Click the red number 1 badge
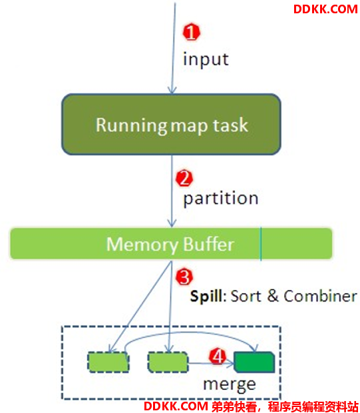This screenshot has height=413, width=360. coord(192,32)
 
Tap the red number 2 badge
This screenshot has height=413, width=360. coord(184,178)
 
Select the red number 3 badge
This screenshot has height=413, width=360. coord(184,277)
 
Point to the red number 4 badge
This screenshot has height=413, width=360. coord(218,356)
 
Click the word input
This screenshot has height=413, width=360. coord(206,60)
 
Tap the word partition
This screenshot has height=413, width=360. coord(220,199)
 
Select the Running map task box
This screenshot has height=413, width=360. coord(171,124)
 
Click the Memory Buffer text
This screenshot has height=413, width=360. coord(170,245)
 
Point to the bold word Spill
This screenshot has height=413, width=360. coord(206,297)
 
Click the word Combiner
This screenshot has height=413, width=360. coord(321,296)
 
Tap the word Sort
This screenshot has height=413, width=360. coord(246,296)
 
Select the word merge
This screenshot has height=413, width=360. coord(230,385)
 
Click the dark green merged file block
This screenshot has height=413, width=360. coord(254,362)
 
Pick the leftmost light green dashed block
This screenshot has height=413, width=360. coord(108,362)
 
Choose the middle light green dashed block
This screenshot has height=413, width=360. coord(168,362)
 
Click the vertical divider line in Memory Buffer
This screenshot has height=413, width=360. coord(261,243)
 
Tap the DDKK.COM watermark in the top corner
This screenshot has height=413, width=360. coord(325,9)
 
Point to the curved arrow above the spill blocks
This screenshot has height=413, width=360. coord(190,333)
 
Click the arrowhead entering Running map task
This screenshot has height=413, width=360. coord(172,90)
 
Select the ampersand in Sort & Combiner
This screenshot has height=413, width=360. coord(273,296)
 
